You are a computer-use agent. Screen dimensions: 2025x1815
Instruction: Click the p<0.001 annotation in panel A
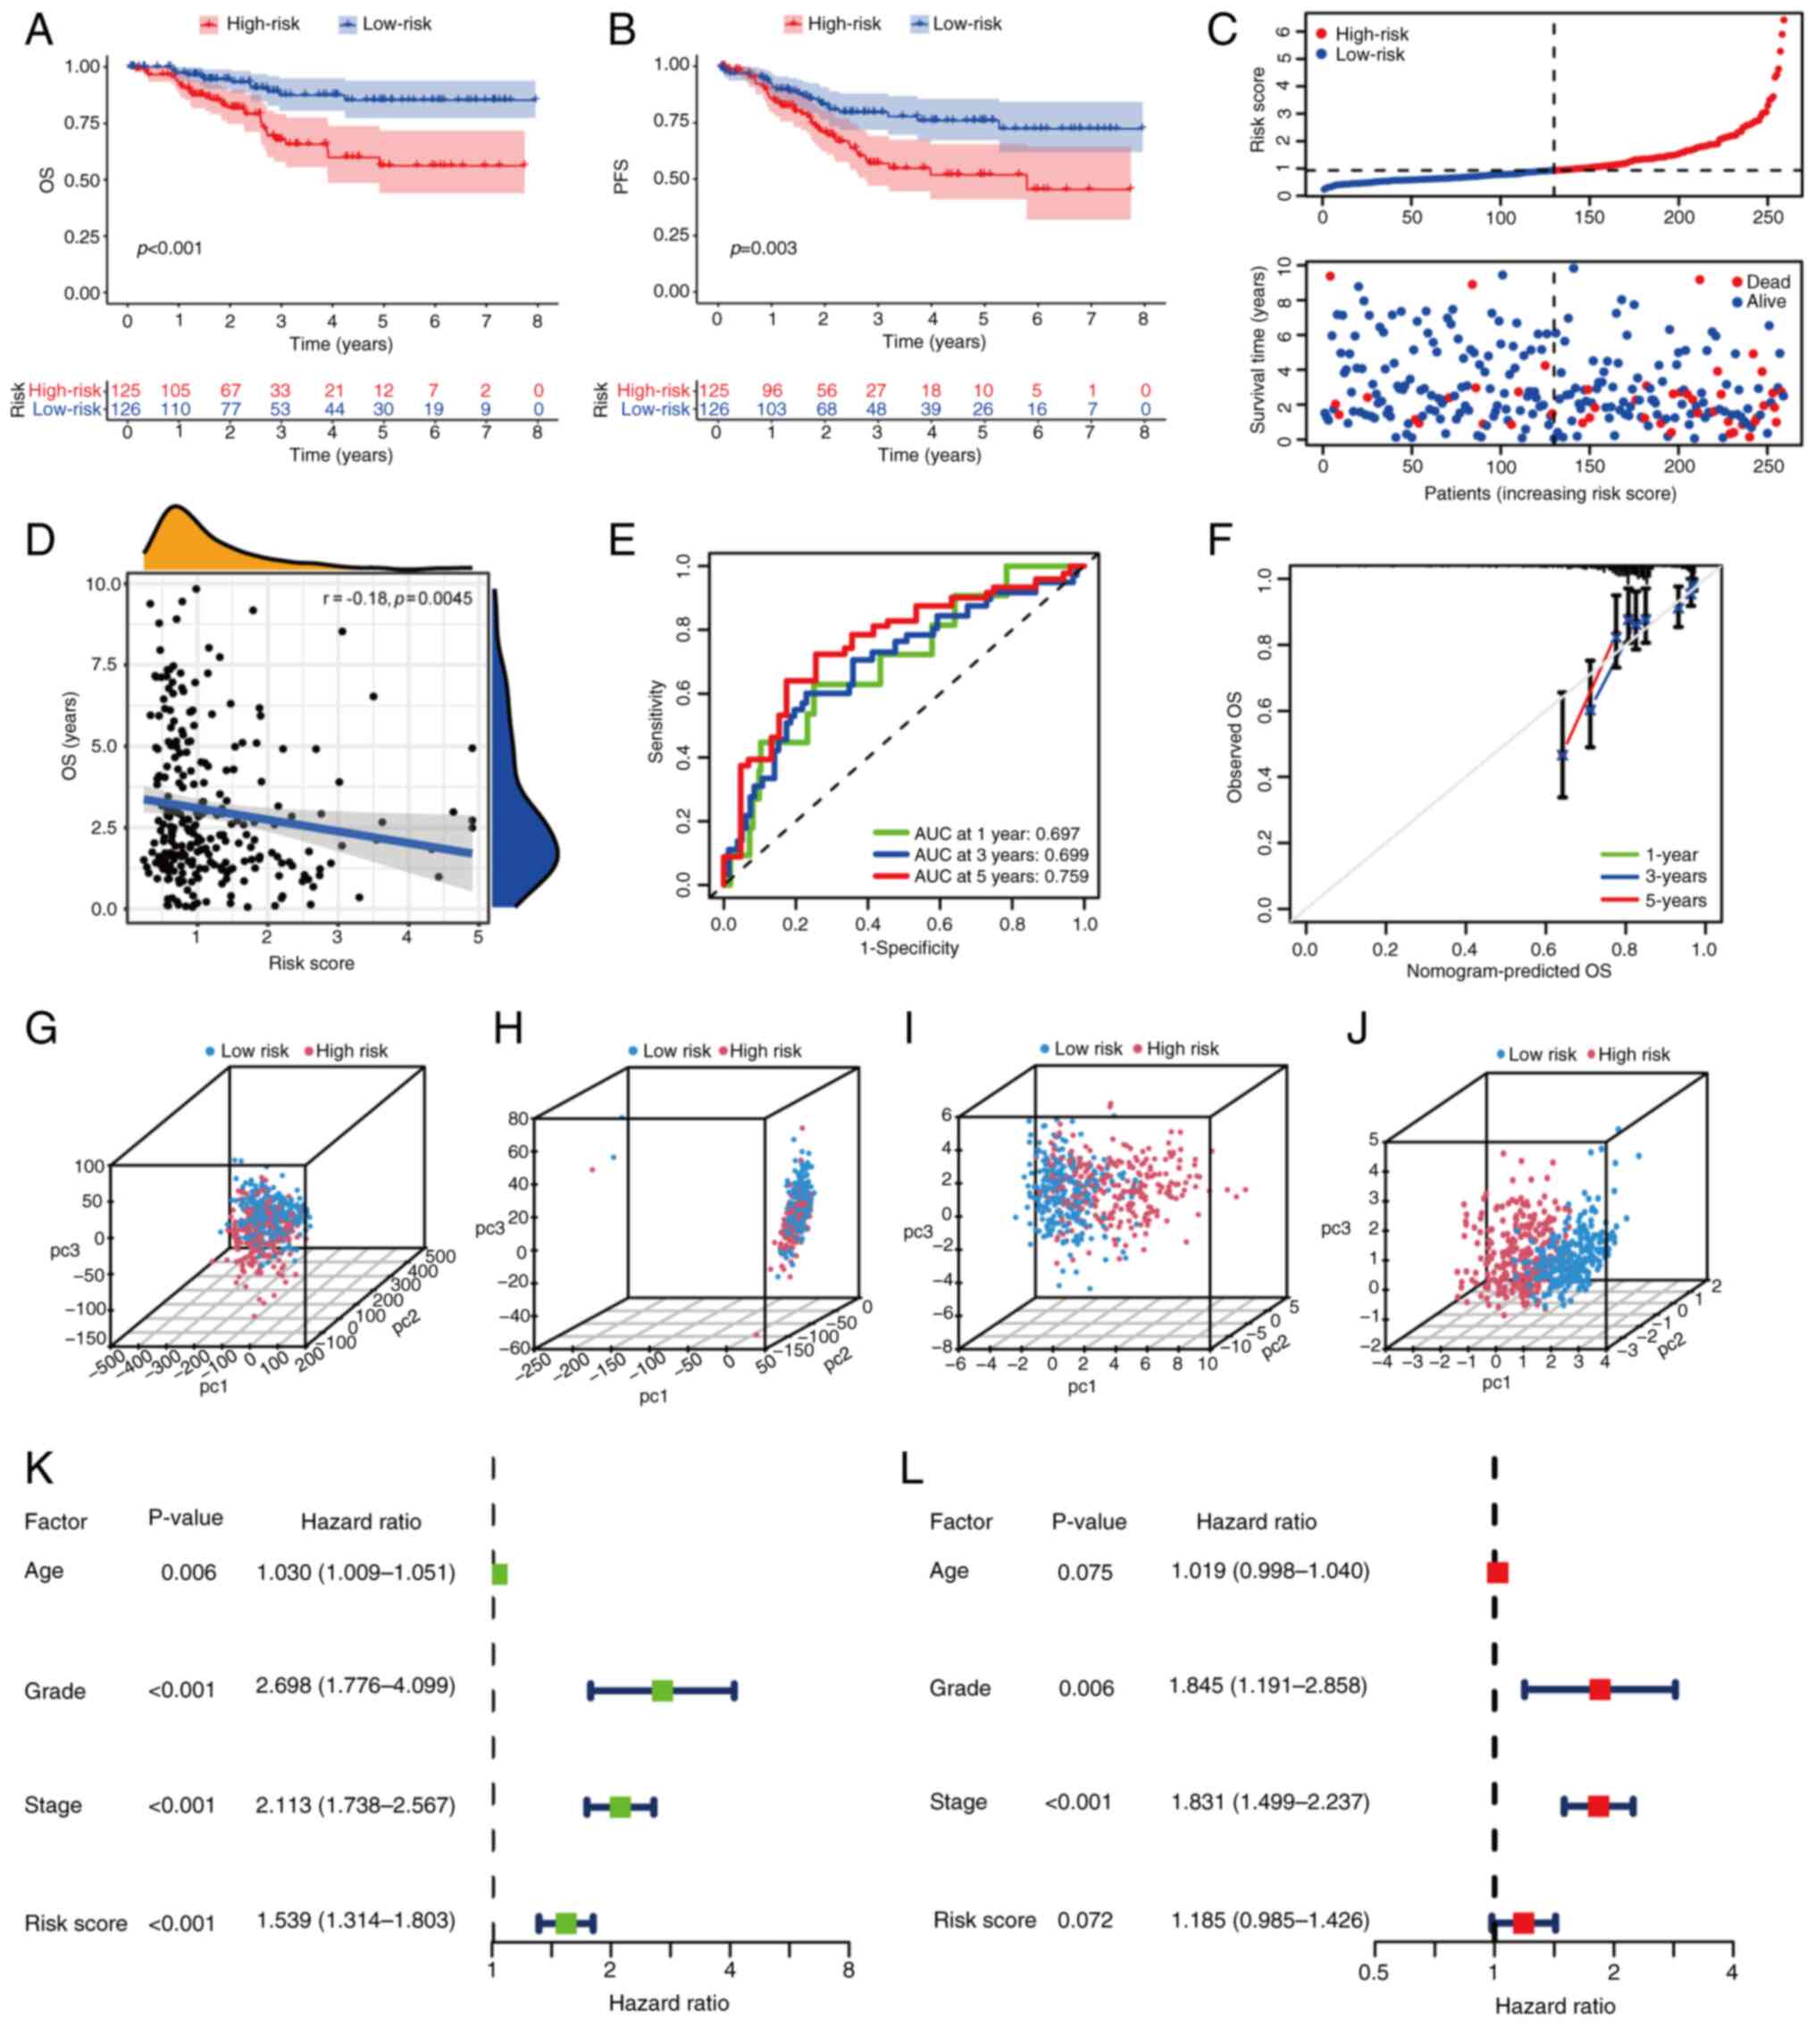tap(169, 248)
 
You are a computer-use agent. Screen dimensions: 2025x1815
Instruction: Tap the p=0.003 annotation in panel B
tap(763, 248)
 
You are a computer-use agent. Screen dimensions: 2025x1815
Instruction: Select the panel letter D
tap(40, 540)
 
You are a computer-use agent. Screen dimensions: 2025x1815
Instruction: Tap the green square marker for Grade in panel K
tap(662, 1690)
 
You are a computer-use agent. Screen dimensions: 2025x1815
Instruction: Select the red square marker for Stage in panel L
tap(1599, 1805)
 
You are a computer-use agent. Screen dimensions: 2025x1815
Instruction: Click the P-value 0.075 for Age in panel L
tap(1085, 1572)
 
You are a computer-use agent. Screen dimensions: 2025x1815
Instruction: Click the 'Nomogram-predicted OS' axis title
tap(1508, 970)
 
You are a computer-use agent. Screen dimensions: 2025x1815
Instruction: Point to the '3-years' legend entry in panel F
tap(1676, 876)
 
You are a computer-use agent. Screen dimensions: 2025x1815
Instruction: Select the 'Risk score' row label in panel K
tap(76, 1923)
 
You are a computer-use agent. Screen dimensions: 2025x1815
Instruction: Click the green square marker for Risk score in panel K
tap(565, 1923)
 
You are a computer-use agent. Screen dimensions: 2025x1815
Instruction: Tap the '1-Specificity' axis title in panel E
tap(908, 949)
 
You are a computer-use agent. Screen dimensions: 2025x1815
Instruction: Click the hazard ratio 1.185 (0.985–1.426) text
tap(1269, 1920)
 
